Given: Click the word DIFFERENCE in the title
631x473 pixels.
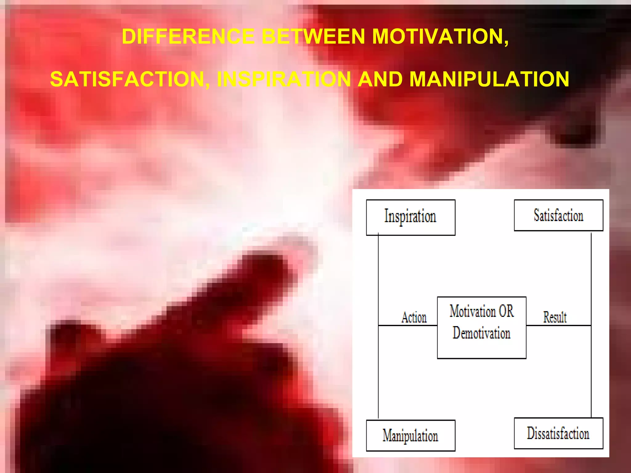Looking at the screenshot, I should click(x=188, y=37).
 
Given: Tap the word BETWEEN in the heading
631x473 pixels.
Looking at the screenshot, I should click(x=313, y=37).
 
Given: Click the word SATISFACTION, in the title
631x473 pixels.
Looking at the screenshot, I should click(x=130, y=79).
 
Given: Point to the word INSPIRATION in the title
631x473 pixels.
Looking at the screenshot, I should click(x=284, y=79).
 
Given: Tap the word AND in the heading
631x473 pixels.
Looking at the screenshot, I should click(x=380, y=79).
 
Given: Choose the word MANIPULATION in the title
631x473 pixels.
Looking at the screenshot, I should click(x=489, y=79).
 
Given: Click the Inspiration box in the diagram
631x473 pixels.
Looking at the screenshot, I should click(x=410, y=217).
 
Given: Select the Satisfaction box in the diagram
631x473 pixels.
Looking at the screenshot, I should click(x=558, y=215).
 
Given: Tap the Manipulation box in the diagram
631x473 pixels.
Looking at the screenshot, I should click(x=410, y=435).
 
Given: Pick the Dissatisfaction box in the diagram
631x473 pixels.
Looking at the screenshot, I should click(x=558, y=433).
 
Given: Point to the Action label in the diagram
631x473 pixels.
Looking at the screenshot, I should click(x=414, y=317).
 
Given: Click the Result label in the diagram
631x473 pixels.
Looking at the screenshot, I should click(x=555, y=317).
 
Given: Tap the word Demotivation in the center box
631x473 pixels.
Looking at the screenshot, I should click(x=481, y=333).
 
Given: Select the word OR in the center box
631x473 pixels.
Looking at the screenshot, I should click(x=506, y=311).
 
